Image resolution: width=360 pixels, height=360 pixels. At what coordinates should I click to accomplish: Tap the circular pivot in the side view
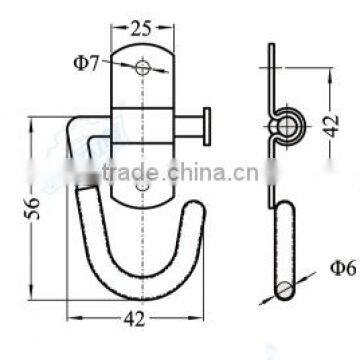pos(287,124)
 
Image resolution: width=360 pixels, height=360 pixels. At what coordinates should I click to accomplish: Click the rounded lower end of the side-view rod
pos(286,262)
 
